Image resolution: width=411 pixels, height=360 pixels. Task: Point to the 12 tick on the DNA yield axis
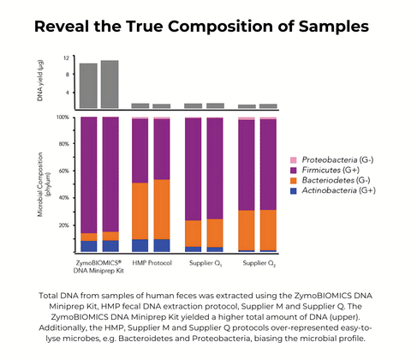65,58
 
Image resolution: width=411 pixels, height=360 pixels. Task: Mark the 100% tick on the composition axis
62,117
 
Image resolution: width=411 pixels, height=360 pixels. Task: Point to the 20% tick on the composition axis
63,225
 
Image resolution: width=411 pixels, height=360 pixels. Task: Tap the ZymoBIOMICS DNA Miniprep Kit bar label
99,266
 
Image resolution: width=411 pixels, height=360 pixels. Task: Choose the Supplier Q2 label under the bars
257,262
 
